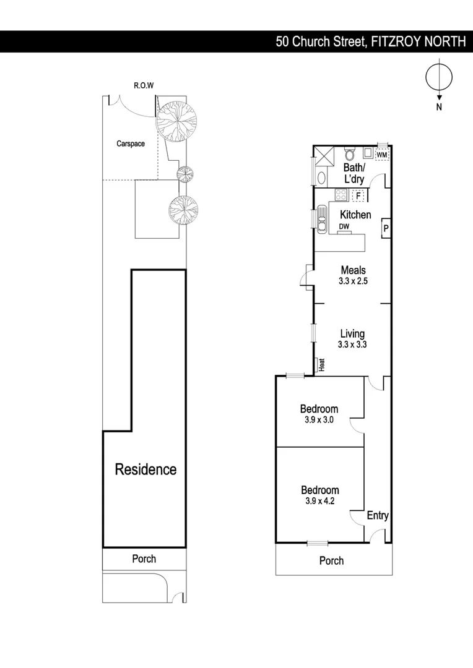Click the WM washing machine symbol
tap(382, 154)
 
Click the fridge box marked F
tap(357, 195)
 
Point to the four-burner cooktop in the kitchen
tap(341, 195)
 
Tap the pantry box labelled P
tap(385, 228)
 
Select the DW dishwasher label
tap(344, 227)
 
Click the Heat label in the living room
tap(321, 366)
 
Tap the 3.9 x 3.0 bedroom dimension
tap(319, 420)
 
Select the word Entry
tap(378, 516)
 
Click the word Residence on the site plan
tap(145, 469)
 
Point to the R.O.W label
tap(144, 85)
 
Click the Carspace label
tap(131, 143)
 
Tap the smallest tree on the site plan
tap(183, 172)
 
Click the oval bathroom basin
tap(321, 178)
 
